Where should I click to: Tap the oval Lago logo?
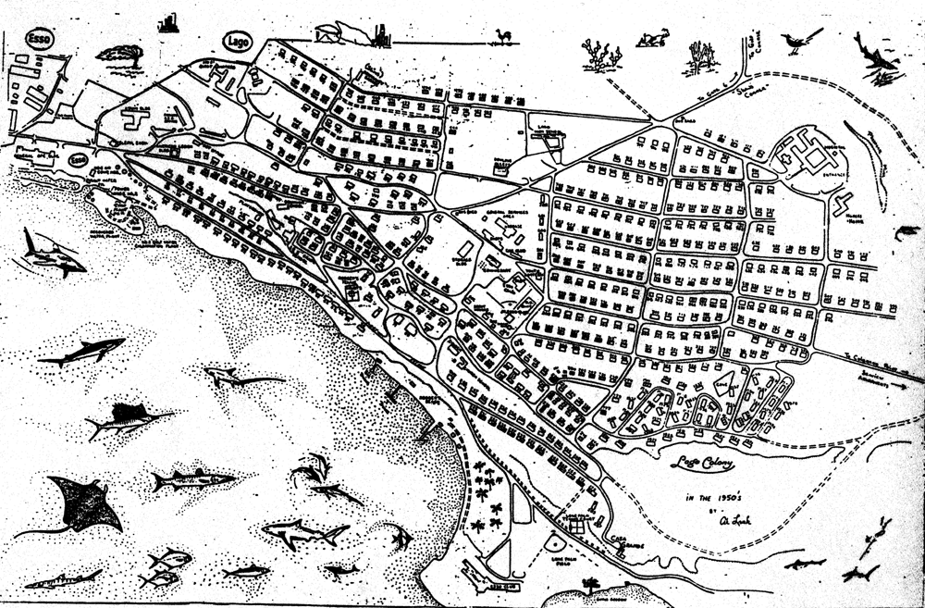pyautogui.click(x=238, y=42)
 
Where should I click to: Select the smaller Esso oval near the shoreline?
pyautogui.click(x=80, y=160)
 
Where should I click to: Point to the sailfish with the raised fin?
pyautogui.click(x=128, y=418)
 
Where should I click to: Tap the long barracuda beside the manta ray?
pyautogui.click(x=192, y=479)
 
